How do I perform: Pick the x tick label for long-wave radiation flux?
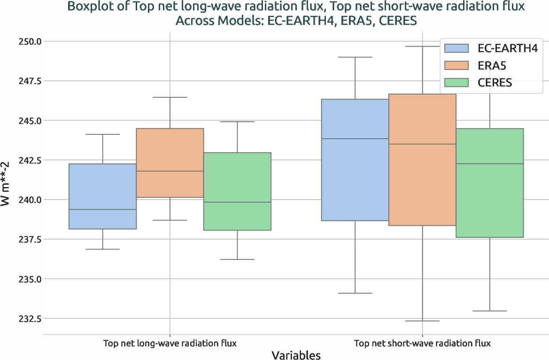170,343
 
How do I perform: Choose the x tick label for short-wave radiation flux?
422,343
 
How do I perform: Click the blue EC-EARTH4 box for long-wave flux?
103,196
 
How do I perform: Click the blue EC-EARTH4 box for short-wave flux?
355,160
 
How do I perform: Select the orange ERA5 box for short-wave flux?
422,160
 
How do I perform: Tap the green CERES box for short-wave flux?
490,183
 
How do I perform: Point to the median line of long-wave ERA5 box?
170,171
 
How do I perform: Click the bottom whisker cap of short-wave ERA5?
422,321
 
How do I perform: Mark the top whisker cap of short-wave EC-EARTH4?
355,57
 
